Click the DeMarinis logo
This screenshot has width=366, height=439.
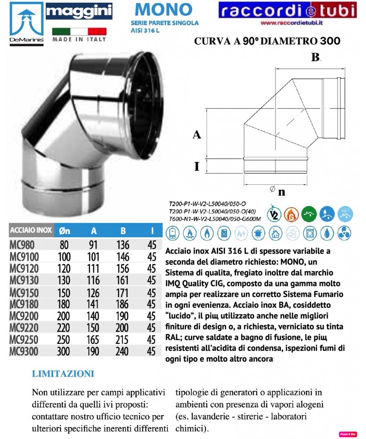tap(22, 23)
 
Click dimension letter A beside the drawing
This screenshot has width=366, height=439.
tap(197, 134)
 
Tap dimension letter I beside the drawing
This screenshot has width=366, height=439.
tap(197, 166)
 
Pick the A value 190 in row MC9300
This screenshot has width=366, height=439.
tap(94, 351)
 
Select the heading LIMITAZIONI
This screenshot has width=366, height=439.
tap(63, 374)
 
